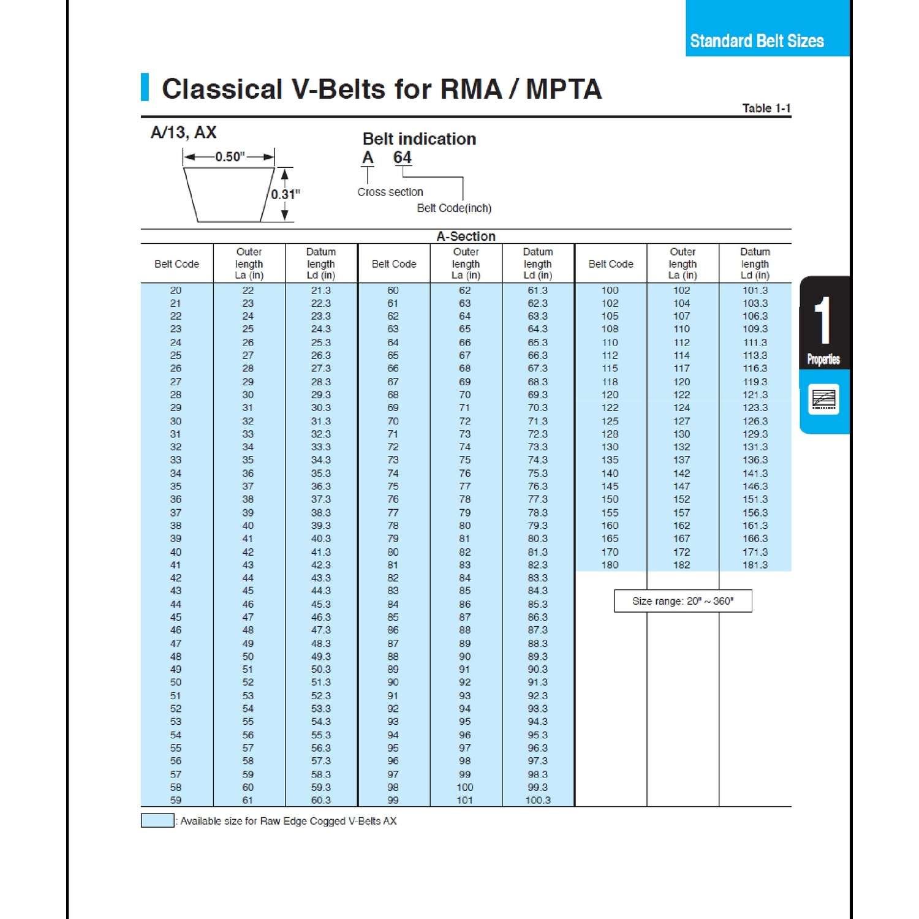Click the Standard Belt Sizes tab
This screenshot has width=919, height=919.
click(757, 41)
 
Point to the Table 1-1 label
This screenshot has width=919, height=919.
click(766, 108)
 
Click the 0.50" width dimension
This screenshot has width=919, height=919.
click(230, 157)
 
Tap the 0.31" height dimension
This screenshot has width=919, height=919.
click(286, 194)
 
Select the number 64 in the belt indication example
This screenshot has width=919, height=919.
click(402, 157)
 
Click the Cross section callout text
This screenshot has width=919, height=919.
click(390, 192)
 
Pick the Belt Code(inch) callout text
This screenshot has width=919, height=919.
click(454, 208)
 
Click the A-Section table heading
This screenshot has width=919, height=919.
click(466, 236)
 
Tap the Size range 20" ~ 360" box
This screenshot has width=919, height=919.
click(683, 601)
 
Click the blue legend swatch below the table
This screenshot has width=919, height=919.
click(157, 821)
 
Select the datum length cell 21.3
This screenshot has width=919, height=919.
click(320, 290)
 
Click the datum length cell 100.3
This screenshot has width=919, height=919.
click(537, 800)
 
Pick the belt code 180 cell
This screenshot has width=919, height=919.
click(610, 565)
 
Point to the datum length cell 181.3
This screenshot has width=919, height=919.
click(755, 565)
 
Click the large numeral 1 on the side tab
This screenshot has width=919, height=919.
click(823, 321)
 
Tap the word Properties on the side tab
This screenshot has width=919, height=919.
click(823, 360)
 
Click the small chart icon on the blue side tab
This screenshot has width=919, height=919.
click(823, 399)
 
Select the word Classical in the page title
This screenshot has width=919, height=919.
click(222, 89)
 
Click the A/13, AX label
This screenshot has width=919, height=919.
click(183, 132)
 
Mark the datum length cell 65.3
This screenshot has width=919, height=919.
click(537, 342)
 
